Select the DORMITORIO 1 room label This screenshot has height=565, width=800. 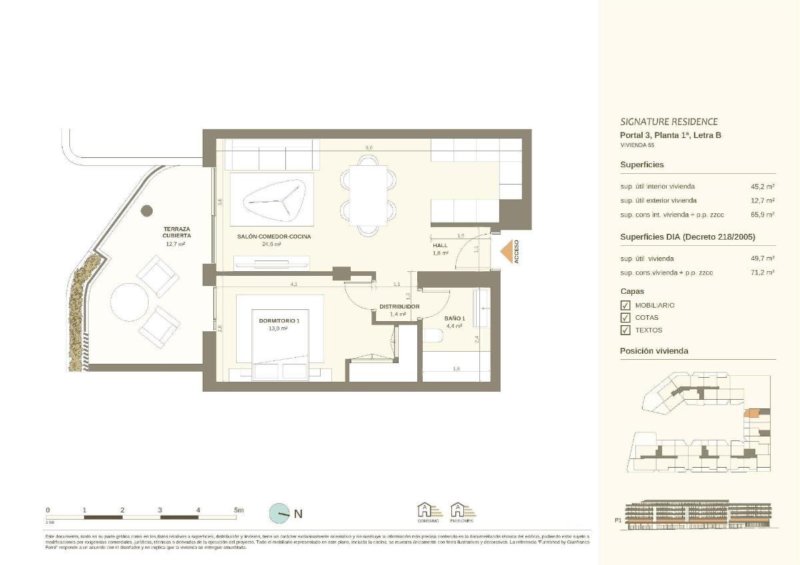(280, 320)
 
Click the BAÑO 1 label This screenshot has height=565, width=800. (455, 318)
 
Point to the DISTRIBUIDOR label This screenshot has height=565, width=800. (399, 306)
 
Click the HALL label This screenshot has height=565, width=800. (441, 245)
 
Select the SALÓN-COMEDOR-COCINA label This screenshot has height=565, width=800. (273, 237)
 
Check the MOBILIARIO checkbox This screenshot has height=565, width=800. (625, 305)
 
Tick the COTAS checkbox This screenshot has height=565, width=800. (625, 318)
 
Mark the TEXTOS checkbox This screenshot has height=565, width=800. (625, 330)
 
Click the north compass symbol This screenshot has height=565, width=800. (279, 513)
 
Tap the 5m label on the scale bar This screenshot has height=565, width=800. (239, 510)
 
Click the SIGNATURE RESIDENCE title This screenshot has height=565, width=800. (669, 122)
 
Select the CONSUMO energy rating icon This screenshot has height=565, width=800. (429, 512)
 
